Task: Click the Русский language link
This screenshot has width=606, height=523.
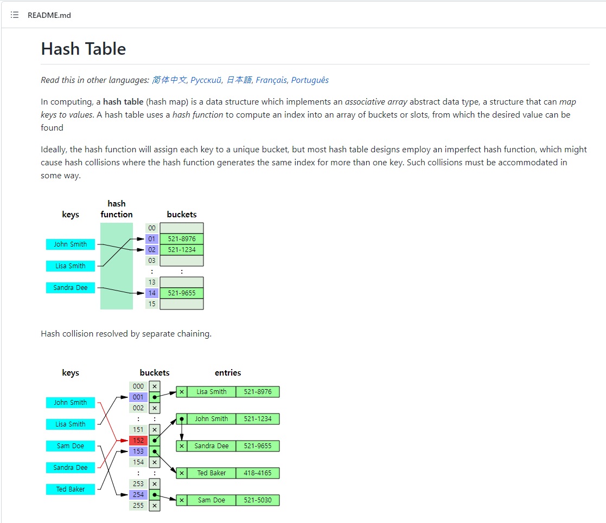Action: (x=206, y=80)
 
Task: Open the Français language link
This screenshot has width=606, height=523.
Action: (x=271, y=80)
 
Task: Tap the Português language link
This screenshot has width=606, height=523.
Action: (x=310, y=80)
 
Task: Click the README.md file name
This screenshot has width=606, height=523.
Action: (x=49, y=15)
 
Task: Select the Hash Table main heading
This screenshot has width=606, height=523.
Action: (x=84, y=49)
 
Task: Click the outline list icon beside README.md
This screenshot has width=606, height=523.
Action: (x=15, y=15)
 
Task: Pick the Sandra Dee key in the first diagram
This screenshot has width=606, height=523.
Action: (x=71, y=288)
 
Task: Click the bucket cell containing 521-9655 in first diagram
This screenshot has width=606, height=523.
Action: (x=182, y=293)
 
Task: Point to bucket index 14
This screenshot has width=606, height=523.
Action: (x=152, y=293)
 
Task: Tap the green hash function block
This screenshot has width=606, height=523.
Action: (x=117, y=266)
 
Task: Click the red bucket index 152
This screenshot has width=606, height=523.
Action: (x=138, y=441)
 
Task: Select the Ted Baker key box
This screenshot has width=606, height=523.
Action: (x=71, y=489)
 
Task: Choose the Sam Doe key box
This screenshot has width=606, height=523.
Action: (x=71, y=446)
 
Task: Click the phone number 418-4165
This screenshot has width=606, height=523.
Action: (x=258, y=473)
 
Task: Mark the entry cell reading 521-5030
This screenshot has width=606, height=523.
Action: (x=258, y=500)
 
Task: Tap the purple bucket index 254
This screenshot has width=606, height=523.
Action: (x=138, y=495)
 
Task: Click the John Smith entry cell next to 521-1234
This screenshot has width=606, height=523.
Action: (x=212, y=419)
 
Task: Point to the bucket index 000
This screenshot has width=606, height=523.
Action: (x=138, y=386)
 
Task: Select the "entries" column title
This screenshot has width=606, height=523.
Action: (x=228, y=373)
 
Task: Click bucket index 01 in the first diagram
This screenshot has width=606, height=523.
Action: (x=152, y=239)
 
